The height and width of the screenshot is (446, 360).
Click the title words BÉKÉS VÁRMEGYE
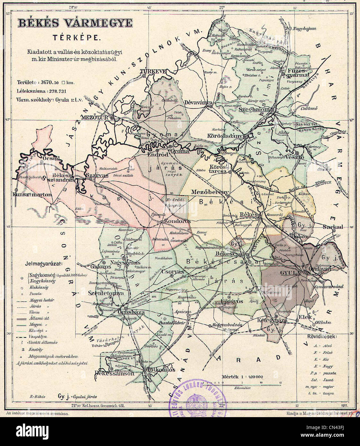tap(75, 23)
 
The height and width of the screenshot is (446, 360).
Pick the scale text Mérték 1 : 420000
tap(243, 376)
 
